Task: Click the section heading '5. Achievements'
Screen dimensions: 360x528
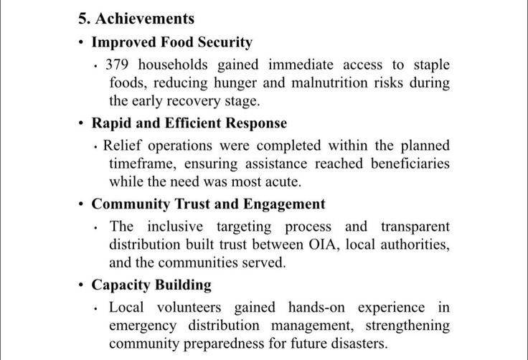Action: pyautogui.click(x=136, y=17)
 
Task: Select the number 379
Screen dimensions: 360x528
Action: pyautogui.click(x=117, y=64)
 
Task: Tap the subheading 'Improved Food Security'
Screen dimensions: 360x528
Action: pyautogui.click(x=171, y=42)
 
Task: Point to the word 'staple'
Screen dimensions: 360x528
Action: pyautogui.click(x=430, y=64)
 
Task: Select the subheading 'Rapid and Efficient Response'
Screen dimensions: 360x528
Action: pyautogui.click(x=189, y=123)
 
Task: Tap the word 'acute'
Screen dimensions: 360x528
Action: pyautogui.click(x=288, y=182)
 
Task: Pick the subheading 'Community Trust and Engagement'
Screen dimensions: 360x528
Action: pyautogui.click(x=208, y=204)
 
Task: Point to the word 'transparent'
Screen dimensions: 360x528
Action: pyautogui.click(x=415, y=226)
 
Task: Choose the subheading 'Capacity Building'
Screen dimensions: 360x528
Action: pyautogui.click(x=151, y=285)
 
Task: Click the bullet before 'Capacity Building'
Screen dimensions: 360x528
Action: pyautogui.click(x=81, y=285)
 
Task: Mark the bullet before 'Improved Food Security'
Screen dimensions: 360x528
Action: pyautogui.click(x=81, y=42)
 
